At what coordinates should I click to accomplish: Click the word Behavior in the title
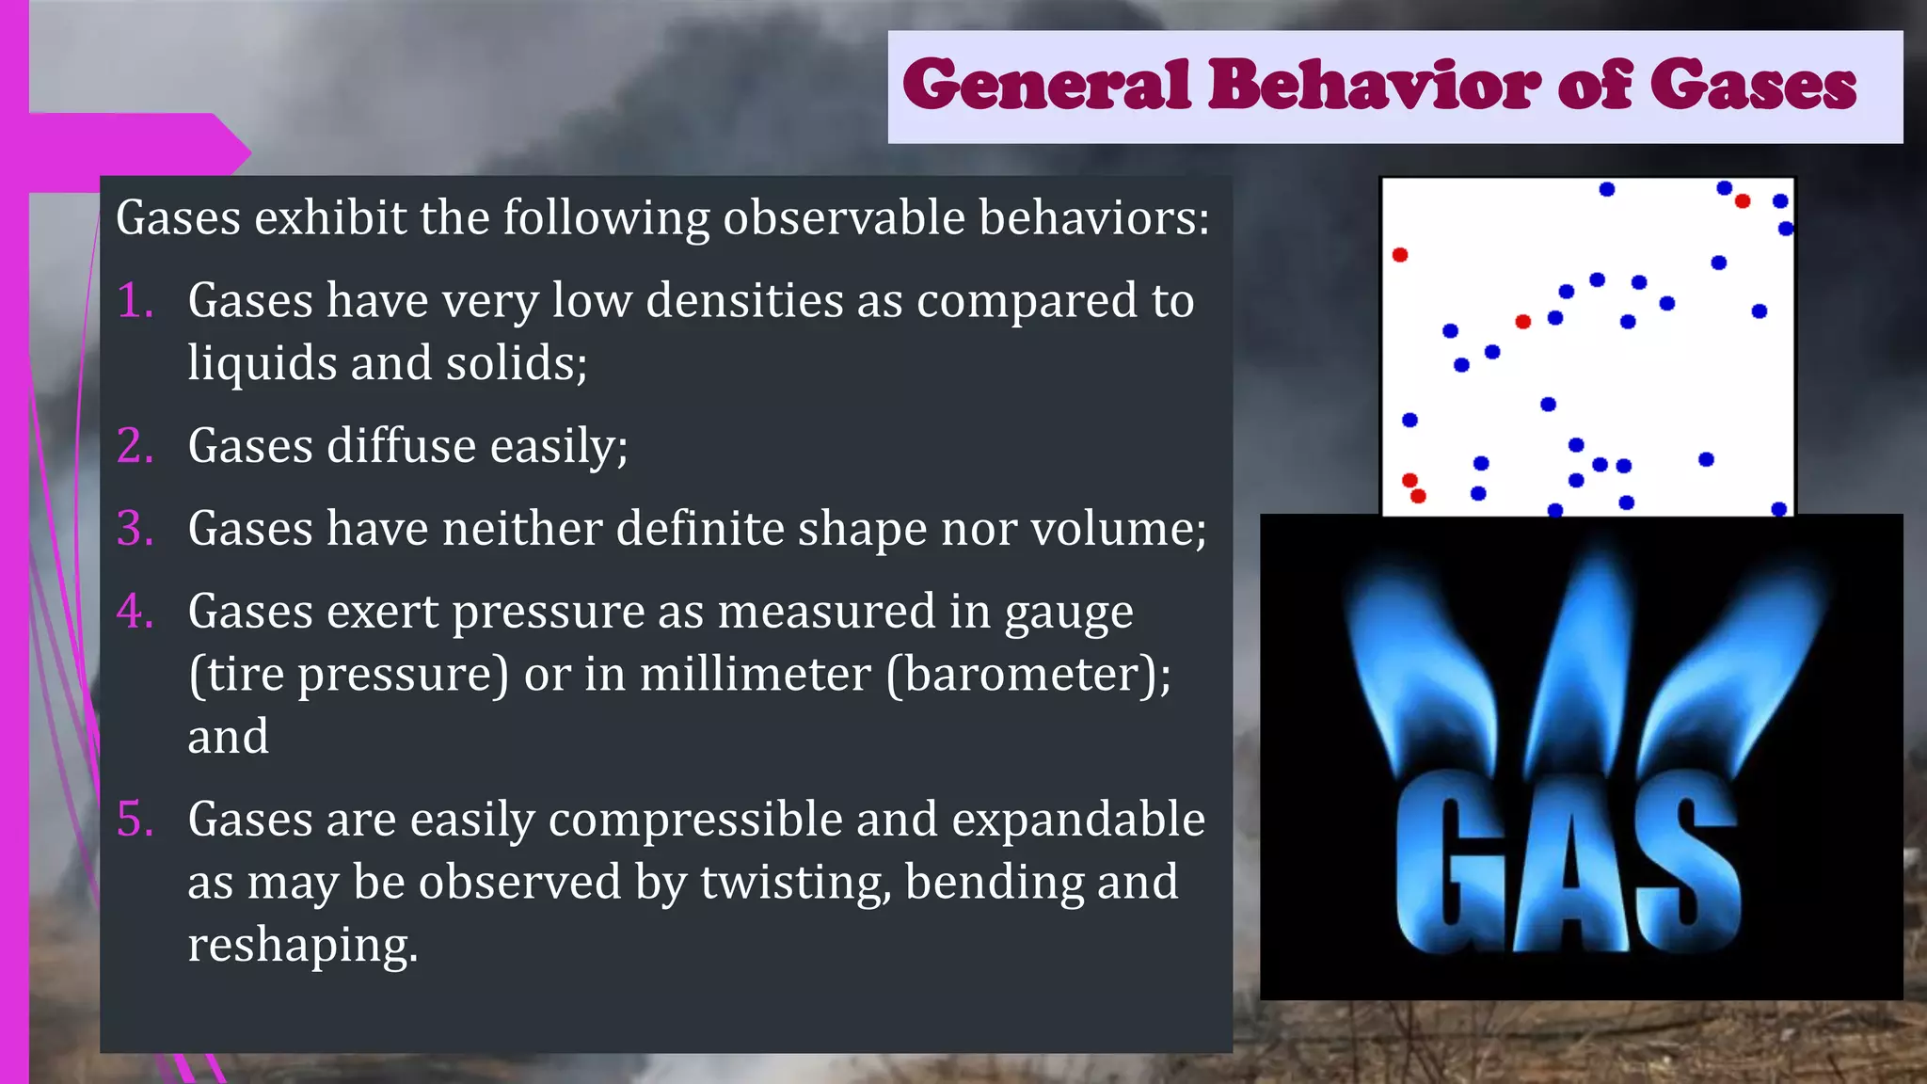pyautogui.click(x=1373, y=85)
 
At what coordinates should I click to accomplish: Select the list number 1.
pyautogui.click(x=135, y=301)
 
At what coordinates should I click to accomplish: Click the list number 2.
pyautogui.click(x=135, y=446)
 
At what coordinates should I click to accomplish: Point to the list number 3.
pyautogui.click(x=135, y=529)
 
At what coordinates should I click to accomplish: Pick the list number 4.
pyautogui.click(x=135, y=612)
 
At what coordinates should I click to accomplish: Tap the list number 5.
pyautogui.click(x=135, y=820)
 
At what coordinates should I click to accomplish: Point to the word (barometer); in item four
pyautogui.click(x=1028, y=675)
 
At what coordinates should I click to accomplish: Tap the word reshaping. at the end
pyautogui.click(x=302, y=945)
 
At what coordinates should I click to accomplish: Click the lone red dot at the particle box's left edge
pyautogui.click(x=1400, y=255)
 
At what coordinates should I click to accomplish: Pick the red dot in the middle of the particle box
pyautogui.click(x=1523, y=322)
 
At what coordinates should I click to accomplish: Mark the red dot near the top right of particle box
pyautogui.click(x=1743, y=201)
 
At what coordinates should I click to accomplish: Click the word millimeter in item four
pyautogui.click(x=755, y=675)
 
